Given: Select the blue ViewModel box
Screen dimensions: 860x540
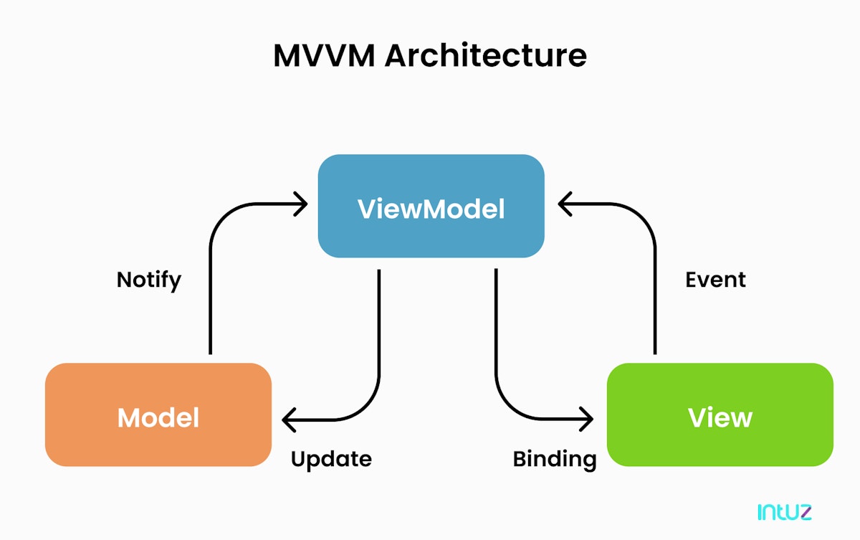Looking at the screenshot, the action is (431, 179).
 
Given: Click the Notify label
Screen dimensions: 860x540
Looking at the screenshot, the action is (149, 279).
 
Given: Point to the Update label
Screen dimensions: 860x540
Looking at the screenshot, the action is (331, 458).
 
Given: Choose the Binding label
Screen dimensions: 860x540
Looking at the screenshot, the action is (555, 458).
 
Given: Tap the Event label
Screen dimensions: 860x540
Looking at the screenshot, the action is (715, 279).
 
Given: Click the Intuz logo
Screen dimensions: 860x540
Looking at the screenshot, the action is (784, 512).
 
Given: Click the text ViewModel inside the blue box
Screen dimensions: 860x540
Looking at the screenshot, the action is (431, 209).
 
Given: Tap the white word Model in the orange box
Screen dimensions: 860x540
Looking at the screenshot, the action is (158, 417).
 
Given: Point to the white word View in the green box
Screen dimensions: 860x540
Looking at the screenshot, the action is (720, 417).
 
